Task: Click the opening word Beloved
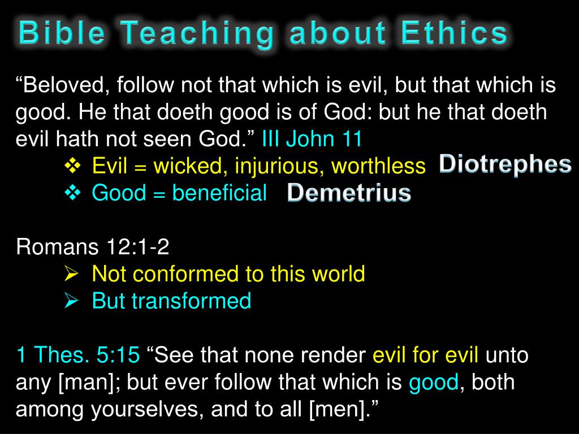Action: point(62,85)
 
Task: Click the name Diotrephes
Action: point(505,164)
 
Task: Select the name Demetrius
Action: point(349,193)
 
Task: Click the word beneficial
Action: point(219,193)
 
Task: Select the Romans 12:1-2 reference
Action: point(93,247)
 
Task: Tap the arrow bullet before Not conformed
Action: point(71,274)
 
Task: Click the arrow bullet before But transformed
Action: point(71,301)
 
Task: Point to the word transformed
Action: point(191,301)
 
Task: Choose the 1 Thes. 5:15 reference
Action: point(78,355)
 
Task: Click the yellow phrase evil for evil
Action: point(426,355)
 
